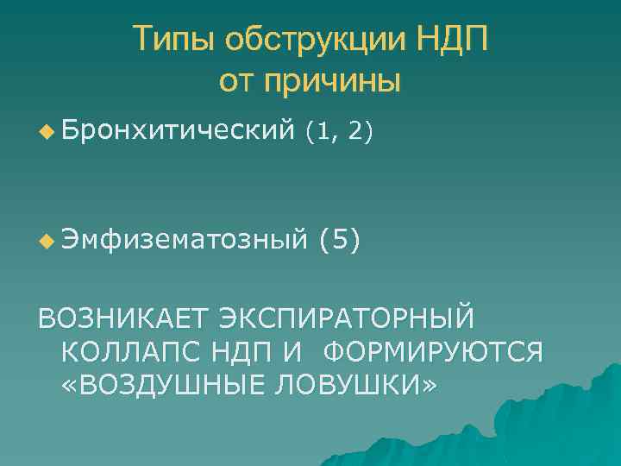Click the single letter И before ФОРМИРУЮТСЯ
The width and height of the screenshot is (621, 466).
coord(307,351)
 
